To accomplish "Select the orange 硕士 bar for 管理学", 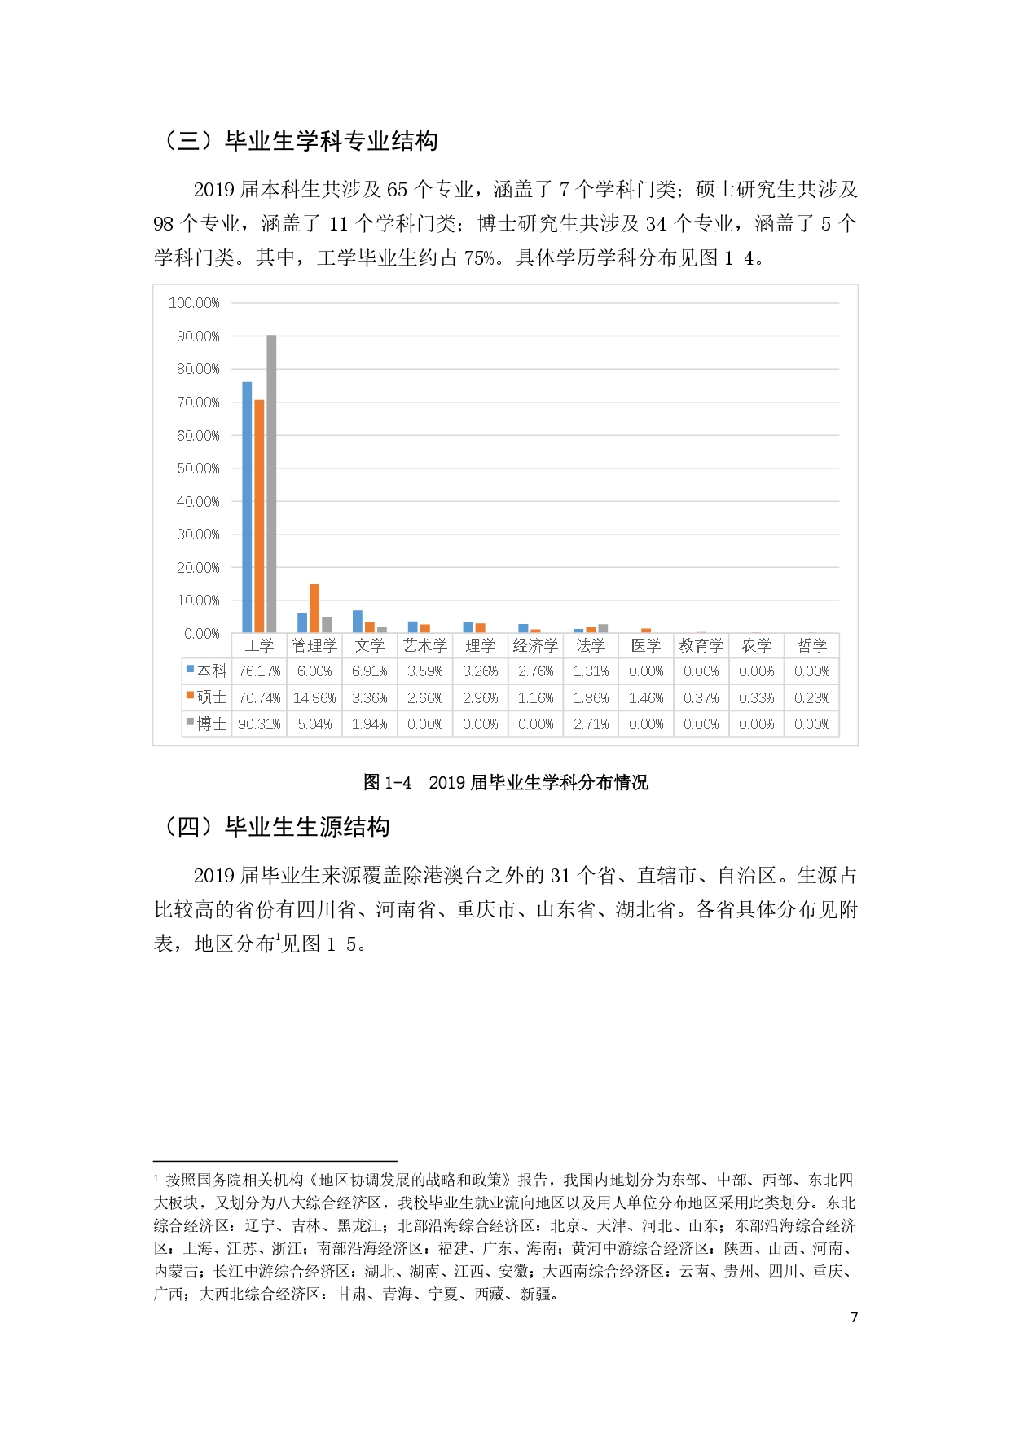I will tap(314, 608).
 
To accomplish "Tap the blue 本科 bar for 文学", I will tap(358, 621).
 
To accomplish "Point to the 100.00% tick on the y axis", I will tap(194, 303).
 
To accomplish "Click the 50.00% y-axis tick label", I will tap(198, 468).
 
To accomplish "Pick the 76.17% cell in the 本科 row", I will tap(259, 671).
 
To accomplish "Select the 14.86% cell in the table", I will tap(314, 698).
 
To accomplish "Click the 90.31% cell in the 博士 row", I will tap(259, 724).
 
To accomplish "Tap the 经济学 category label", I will tap(535, 645).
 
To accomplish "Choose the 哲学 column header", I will tap(811, 645).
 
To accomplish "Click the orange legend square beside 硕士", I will tap(190, 696).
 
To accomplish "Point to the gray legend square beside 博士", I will tap(190, 722).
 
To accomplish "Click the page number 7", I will tap(854, 1317).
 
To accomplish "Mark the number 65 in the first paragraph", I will tap(397, 190).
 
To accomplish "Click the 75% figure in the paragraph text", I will tap(480, 258).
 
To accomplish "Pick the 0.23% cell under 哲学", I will tap(811, 698).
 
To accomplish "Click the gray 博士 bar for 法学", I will tap(603, 628).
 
